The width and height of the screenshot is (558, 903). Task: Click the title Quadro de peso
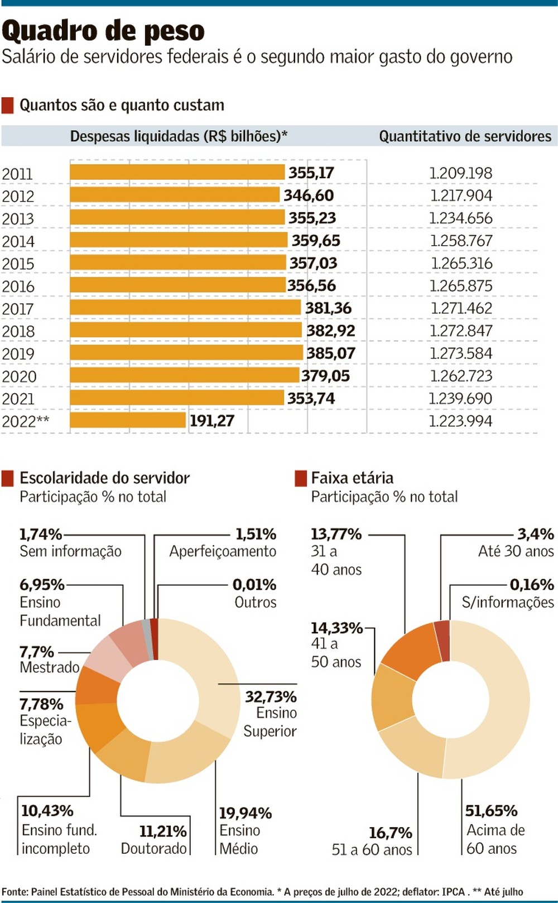pyautogui.click(x=103, y=31)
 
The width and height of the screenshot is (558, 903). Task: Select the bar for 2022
pyautogui.click(x=128, y=420)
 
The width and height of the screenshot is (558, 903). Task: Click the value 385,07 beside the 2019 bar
pyautogui.click(x=330, y=353)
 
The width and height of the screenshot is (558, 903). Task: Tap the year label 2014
pyautogui.click(x=18, y=241)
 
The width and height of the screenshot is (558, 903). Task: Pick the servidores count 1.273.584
pyautogui.click(x=460, y=353)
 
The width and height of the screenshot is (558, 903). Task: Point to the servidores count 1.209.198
pyautogui.click(x=460, y=173)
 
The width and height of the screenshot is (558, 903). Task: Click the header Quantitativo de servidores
pyautogui.click(x=465, y=136)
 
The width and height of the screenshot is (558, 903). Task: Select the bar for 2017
pyautogui.click(x=185, y=308)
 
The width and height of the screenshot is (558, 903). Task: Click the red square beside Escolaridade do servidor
pyautogui.click(x=8, y=478)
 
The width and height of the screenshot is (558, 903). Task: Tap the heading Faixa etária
pyautogui.click(x=352, y=478)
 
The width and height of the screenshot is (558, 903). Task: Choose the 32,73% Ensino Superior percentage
pyautogui.click(x=271, y=696)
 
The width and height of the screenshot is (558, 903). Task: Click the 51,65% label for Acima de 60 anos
pyautogui.click(x=491, y=810)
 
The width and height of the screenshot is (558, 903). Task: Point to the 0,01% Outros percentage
pyautogui.click(x=254, y=585)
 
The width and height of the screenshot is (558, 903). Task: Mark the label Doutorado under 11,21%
pyautogui.click(x=153, y=848)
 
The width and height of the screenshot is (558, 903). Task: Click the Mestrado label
pyautogui.click(x=50, y=667)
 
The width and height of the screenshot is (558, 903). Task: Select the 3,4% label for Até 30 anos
pyautogui.click(x=535, y=534)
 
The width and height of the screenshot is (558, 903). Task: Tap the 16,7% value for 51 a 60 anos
pyautogui.click(x=390, y=833)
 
